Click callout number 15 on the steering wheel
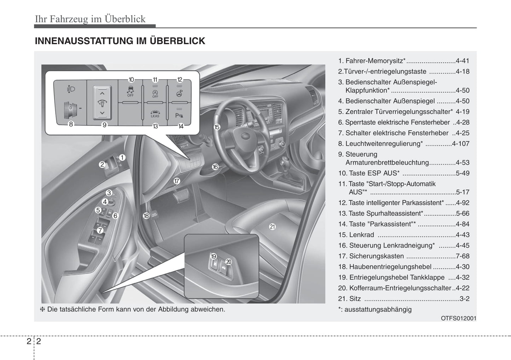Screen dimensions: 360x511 click(x=217, y=127)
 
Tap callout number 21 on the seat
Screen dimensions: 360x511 click(x=272, y=227)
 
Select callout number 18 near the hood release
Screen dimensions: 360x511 click(x=146, y=216)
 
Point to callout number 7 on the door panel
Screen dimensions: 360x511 click(x=100, y=230)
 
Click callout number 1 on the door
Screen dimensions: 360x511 click(x=122, y=158)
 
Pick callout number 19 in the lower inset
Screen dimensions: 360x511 click(x=213, y=256)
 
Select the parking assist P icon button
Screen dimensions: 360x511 click(x=179, y=114)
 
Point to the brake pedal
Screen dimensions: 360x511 click(x=181, y=193)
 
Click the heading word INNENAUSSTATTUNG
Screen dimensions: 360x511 click(x=84, y=41)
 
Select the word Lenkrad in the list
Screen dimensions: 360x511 click(x=361, y=235)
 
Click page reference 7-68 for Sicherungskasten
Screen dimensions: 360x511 click(x=463, y=256)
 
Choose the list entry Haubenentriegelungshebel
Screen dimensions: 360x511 click(x=390, y=267)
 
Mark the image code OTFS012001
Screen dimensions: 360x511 click(x=458, y=318)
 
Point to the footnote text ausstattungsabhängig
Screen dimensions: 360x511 click(x=378, y=309)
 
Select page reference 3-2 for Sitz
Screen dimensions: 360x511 click(x=464, y=299)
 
